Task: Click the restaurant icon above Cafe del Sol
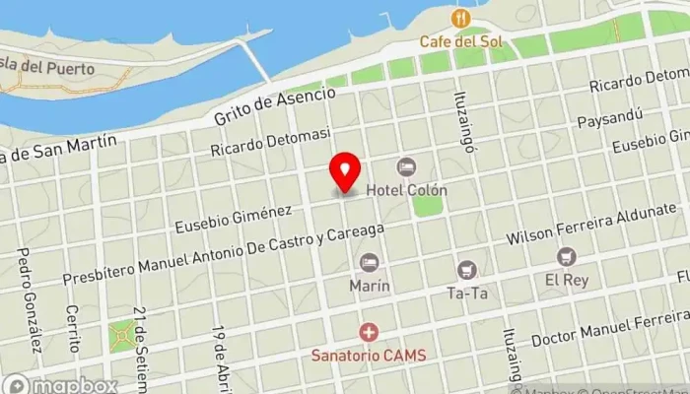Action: [458, 19]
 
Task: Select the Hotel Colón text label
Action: [407, 190]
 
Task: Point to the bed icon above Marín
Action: [369, 263]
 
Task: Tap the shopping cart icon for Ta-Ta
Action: [467, 269]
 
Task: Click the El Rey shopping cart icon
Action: [566, 257]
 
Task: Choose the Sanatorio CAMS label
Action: [369, 355]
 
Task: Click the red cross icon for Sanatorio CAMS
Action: [369, 332]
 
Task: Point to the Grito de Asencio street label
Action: [275, 106]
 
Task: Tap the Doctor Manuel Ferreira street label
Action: [609, 329]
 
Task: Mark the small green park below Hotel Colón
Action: [428, 206]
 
